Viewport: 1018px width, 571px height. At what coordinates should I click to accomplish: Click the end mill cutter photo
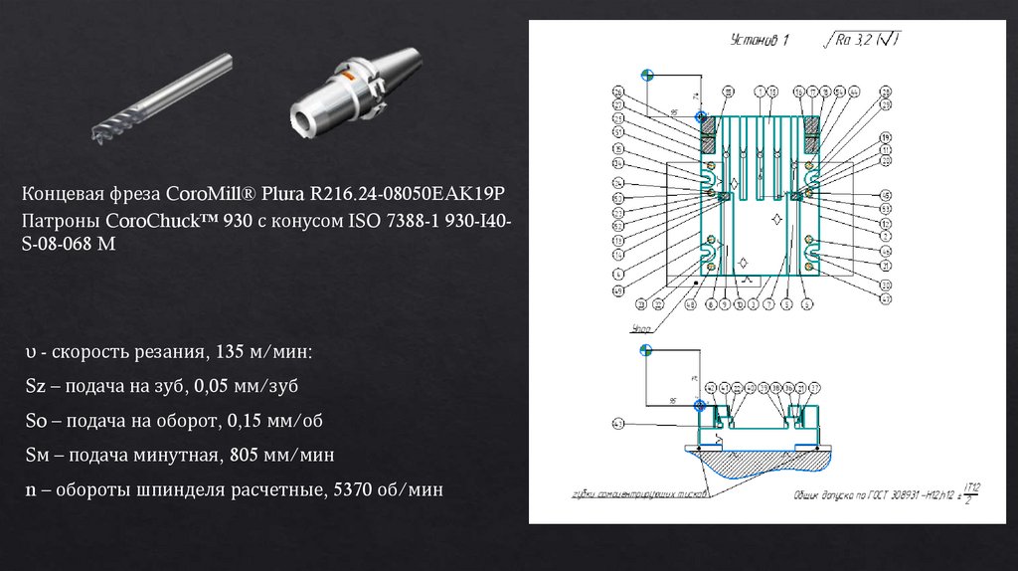pyautogui.click(x=165, y=99)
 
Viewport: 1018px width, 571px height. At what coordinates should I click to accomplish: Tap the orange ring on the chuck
pyautogui.click(x=347, y=74)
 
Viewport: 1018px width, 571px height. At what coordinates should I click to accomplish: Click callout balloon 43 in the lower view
pyautogui.click(x=618, y=424)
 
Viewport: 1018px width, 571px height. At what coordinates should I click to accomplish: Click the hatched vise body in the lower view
pyautogui.click(x=756, y=460)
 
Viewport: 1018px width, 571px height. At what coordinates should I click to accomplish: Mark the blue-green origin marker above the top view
pyautogui.click(x=647, y=75)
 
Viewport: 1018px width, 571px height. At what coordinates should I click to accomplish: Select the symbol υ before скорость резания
pyautogui.click(x=32, y=353)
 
